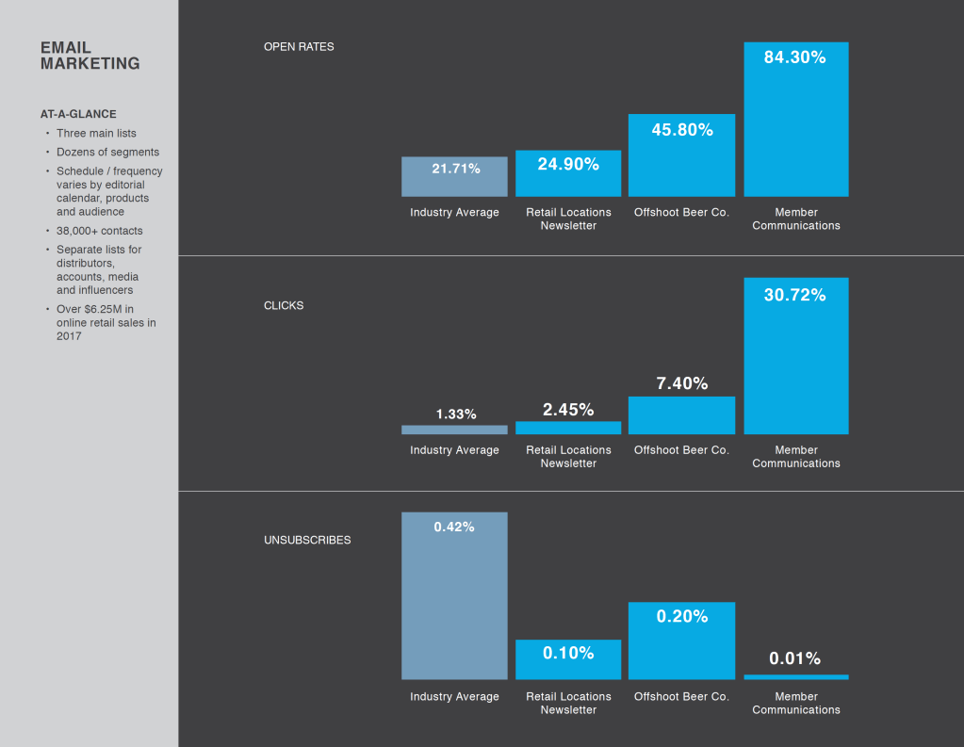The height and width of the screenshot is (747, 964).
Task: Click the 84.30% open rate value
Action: point(794,57)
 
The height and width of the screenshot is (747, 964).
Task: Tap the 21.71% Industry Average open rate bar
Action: point(454,176)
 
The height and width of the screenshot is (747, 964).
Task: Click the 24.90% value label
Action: point(568,165)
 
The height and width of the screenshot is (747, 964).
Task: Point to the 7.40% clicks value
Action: point(681,383)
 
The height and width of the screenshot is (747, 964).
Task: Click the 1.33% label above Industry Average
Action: point(456,414)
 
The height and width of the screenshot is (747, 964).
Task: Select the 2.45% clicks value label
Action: point(568,410)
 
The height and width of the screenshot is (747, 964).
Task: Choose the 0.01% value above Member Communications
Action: point(794,658)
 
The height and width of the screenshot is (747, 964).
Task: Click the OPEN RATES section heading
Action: point(299,46)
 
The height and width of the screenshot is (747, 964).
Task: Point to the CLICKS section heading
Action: point(284,306)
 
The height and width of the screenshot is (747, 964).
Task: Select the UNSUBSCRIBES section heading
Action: point(307,541)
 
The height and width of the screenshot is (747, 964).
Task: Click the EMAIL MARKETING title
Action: point(90,56)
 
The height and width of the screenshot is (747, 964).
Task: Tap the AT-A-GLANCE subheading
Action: point(78,114)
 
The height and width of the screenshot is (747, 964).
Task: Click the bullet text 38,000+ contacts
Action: point(100,231)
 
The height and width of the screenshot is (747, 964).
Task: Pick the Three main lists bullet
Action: point(96,134)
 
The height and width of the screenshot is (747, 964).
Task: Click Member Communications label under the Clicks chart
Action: point(796,457)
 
